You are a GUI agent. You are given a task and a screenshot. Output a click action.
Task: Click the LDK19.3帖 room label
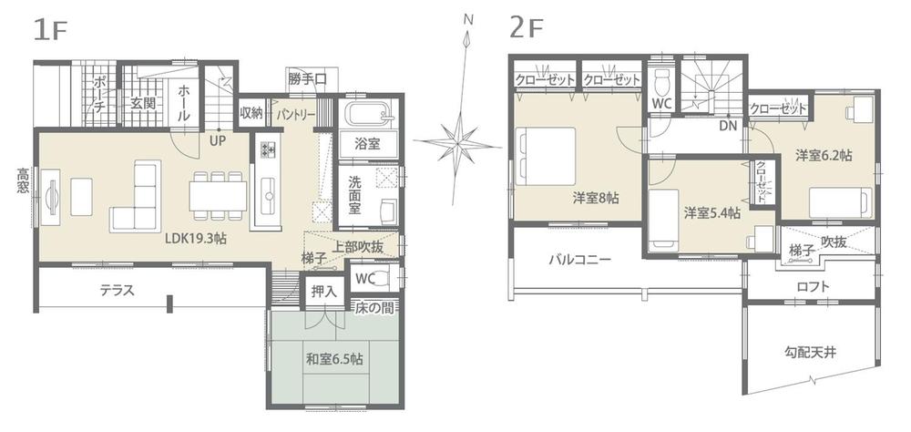196,240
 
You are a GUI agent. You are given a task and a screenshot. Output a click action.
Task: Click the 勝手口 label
306,79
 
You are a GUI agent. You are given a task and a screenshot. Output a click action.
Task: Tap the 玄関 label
142,103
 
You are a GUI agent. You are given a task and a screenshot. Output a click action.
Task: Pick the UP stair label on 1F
218,141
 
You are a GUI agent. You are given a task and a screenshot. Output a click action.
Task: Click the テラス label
118,292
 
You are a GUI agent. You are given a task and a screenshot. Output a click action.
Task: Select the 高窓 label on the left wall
22,181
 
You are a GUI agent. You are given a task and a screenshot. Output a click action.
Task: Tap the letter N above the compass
468,19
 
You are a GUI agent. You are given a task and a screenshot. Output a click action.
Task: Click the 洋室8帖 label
596,197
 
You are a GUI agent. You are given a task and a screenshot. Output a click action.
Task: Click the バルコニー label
579,260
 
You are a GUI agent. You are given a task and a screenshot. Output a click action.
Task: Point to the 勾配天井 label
809,350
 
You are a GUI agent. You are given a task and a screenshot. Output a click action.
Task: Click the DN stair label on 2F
727,125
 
